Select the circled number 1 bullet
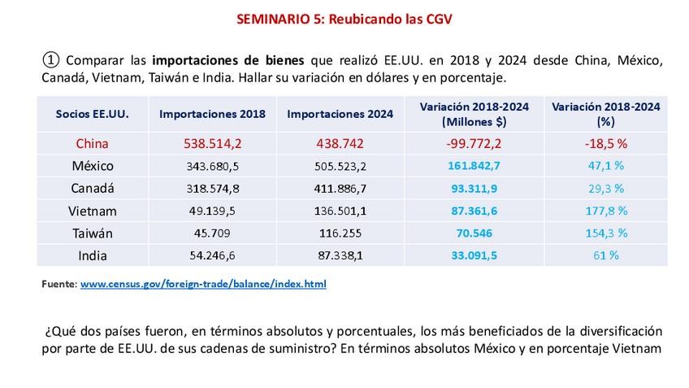pyautogui.click(x=50, y=60)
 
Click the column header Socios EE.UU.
pyautogui.click(x=92, y=115)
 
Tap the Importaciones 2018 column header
pyautogui.click(x=212, y=115)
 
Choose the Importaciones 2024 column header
pyautogui.click(x=340, y=115)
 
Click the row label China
pyautogui.click(x=92, y=143)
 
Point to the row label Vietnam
pyautogui.click(x=92, y=211)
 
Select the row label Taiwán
pyautogui.click(x=92, y=233)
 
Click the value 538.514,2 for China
pyautogui.click(x=212, y=143)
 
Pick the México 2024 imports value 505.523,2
pyautogui.click(x=340, y=166)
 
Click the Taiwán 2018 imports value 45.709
pyautogui.click(x=212, y=233)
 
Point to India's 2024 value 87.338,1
pyautogui.click(x=340, y=255)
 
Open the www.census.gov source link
pyautogui.click(x=203, y=285)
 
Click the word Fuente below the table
pyautogui.click(x=58, y=285)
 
